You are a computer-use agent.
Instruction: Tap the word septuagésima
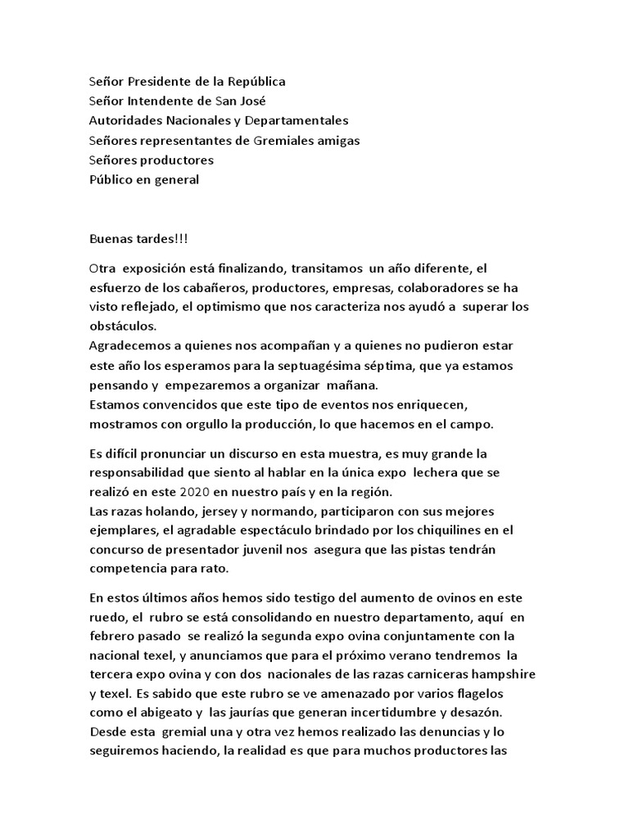point(351,365)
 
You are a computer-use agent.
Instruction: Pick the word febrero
point(113,637)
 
